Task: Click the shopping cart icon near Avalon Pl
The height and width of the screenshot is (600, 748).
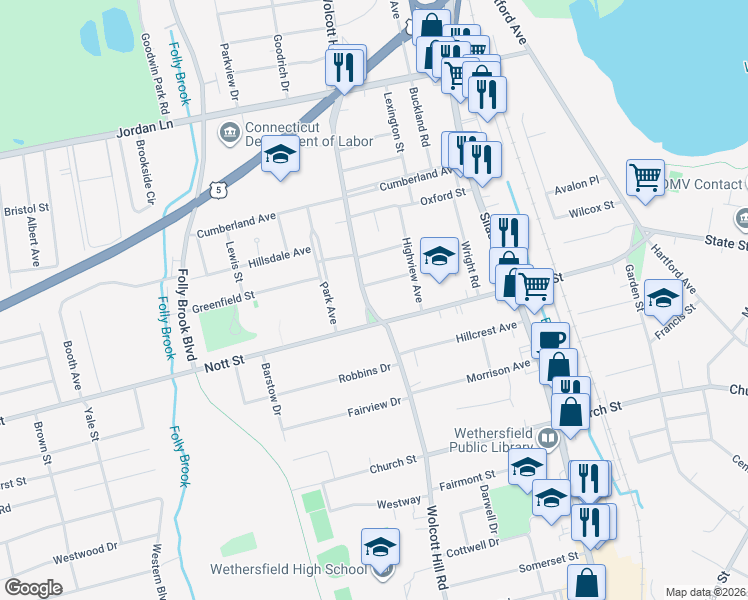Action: tap(646, 178)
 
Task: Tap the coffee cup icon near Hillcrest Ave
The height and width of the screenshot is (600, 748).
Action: tap(549, 339)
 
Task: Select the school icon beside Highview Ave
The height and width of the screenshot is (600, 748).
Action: tap(438, 255)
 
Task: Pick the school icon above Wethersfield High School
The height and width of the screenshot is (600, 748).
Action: tap(379, 547)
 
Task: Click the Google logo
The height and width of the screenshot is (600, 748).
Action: tap(33, 588)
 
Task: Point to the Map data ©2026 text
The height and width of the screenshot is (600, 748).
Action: tap(706, 592)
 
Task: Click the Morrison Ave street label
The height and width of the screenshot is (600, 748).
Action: tap(499, 374)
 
